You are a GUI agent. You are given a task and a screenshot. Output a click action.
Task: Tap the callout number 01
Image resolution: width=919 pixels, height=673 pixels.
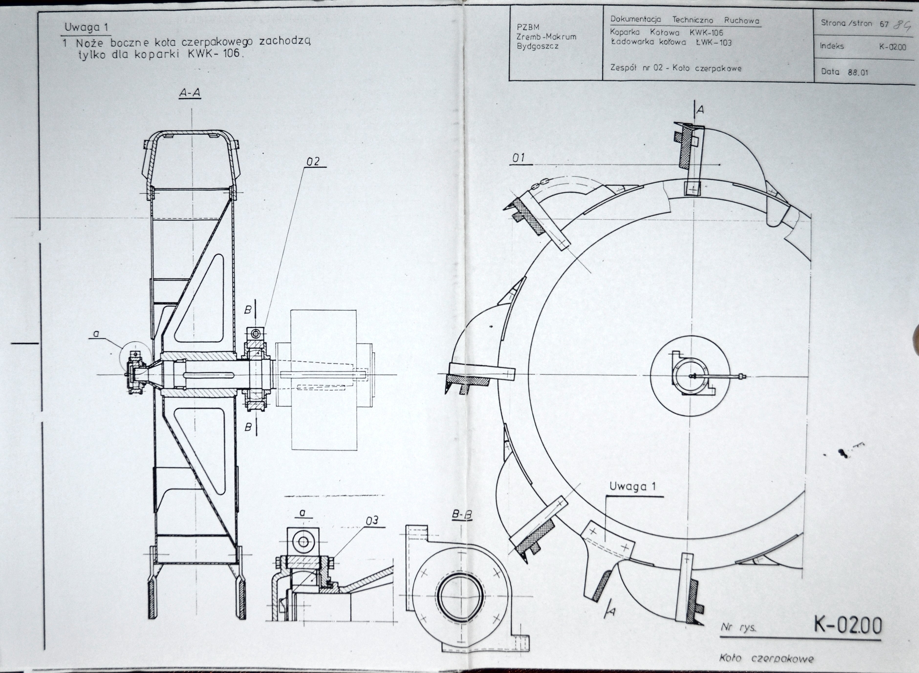coord(519,158)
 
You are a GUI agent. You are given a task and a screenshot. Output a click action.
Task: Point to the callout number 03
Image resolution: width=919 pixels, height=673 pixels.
coord(372,520)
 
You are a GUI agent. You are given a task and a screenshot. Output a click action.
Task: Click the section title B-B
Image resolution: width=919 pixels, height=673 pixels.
coord(462,515)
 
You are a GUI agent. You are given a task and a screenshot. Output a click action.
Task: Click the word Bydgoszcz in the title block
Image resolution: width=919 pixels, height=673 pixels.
coord(538,46)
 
